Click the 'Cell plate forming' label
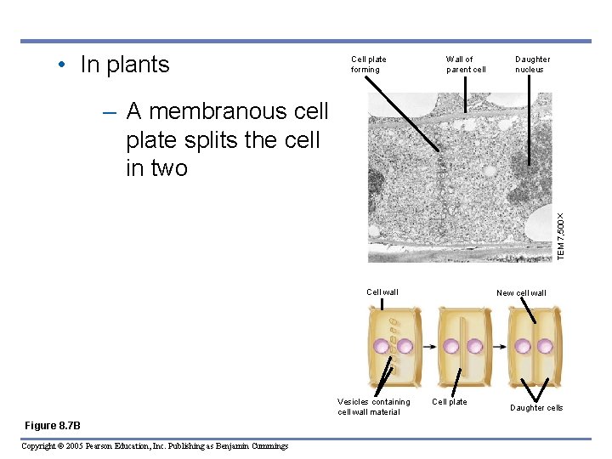[x=368, y=65]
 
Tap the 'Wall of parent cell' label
[x=466, y=65]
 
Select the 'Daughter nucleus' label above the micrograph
[x=532, y=65]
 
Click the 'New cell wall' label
[x=521, y=293]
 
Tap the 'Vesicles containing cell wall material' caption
[x=373, y=407]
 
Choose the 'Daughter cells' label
[x=536, y=408]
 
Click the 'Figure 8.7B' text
[x=53, y=425]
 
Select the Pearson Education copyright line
[x=155, y=446]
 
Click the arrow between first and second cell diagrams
[x=426, y=347]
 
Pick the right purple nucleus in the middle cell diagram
[x=474, y=347]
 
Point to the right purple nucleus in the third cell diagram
[x=543, y=347]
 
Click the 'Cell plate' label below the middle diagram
[x=450, y=402]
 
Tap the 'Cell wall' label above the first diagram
[x=382, y=292]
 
